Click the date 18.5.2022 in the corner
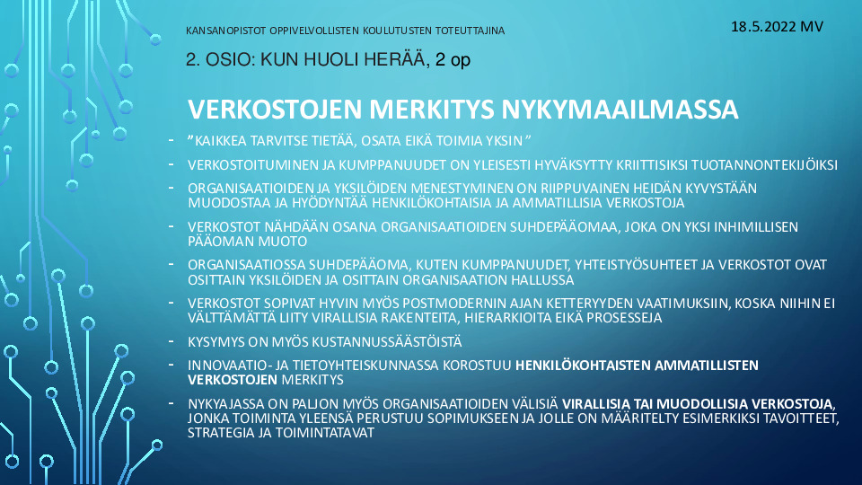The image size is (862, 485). click(763, 26)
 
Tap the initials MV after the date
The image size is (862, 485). click(812, 26)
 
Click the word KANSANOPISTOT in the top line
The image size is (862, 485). click(226, 31)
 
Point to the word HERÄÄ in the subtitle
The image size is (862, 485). click(400, 59)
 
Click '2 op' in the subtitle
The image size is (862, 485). click(453, 60)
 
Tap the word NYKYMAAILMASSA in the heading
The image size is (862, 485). click(620, 109)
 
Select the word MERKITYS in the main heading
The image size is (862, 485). click(432, 109)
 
